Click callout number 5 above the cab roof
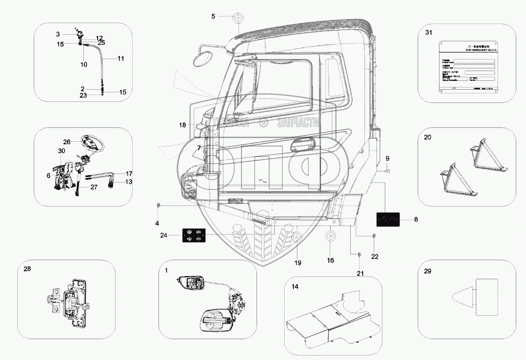coord(213,16)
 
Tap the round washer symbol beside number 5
coord(238,19)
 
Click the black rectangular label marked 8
coord(388,219)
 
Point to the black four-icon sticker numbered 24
coord(194,235)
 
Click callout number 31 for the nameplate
coord(428,33)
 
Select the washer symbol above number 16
coord(331,236)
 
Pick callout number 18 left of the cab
coord(182,126)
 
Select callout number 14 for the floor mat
coord(295,286)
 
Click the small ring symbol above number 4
coord(158,206)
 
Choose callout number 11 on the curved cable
coord(121,58)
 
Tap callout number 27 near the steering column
coord(94,187)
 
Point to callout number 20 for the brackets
coord(427,138)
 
